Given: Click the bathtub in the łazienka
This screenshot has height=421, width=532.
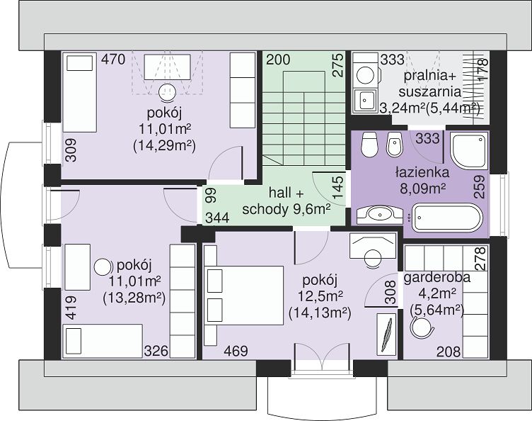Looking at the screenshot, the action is tap(447, 218).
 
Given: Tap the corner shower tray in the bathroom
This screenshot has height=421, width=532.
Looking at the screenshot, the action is tap(469, 151).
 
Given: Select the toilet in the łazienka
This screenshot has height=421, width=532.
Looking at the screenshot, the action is tap(369, 145).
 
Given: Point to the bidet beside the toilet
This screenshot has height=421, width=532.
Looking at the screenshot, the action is tap(395, 145).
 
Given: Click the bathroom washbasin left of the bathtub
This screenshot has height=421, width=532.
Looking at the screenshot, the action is tap(380, 214).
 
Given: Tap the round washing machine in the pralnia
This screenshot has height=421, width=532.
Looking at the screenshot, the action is tap(366, 74).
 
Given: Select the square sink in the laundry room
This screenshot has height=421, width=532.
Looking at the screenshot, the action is tap(365, 100).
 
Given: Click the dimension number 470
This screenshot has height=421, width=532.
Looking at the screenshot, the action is tap(113, 60).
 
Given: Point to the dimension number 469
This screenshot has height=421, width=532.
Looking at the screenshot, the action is tap(236, 351).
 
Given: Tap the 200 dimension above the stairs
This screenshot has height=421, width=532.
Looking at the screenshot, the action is tap(278, 60).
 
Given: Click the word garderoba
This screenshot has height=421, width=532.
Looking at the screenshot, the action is tap(437, 278).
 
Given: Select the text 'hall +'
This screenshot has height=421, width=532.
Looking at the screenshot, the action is tap(286, 193).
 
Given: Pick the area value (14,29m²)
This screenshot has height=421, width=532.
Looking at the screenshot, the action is tap(164, 145).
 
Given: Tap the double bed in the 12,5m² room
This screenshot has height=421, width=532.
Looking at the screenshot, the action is tap(243, 295).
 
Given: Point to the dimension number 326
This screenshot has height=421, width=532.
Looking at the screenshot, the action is tap(156, 351).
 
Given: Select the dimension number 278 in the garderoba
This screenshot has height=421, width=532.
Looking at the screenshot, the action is tap(480, 259).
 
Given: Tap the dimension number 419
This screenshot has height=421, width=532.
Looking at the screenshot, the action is tap(71, 308).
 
